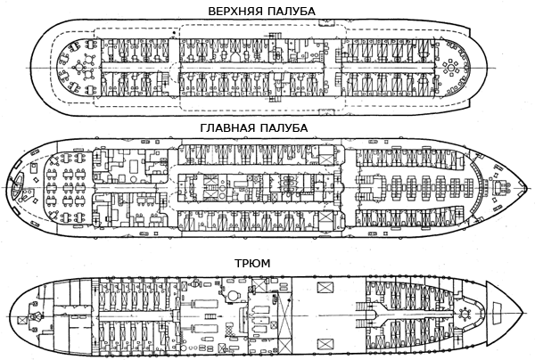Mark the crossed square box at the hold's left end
[33, 316]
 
